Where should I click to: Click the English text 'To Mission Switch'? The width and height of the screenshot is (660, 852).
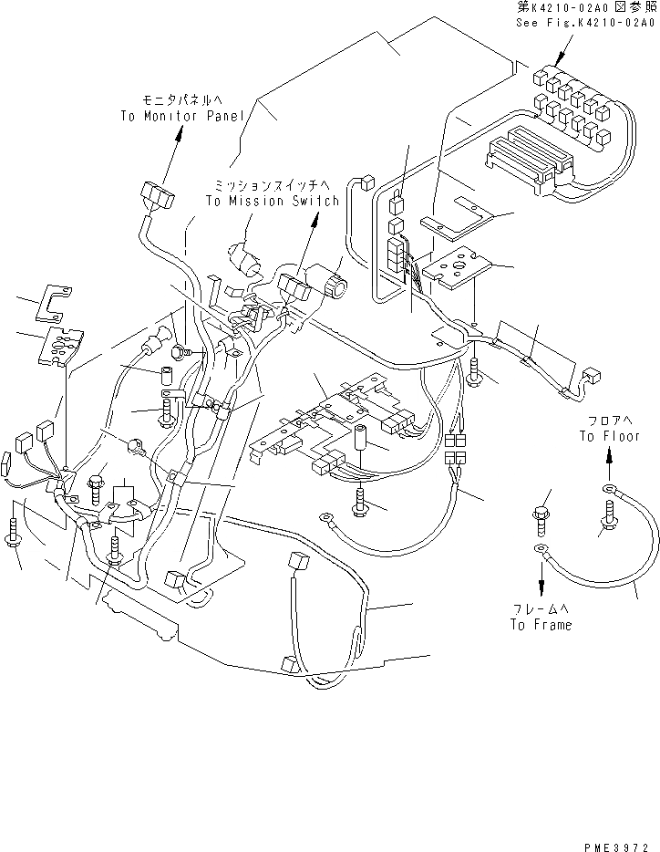[x=272, y=202]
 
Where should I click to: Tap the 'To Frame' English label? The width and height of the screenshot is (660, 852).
[x=541, y=625]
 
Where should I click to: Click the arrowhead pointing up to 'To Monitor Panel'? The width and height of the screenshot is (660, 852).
[x=180, y=132]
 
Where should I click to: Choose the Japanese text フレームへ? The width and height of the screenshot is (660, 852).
[x=542, y=609]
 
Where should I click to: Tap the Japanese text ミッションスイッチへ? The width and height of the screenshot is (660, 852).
[x=272, y=185]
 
